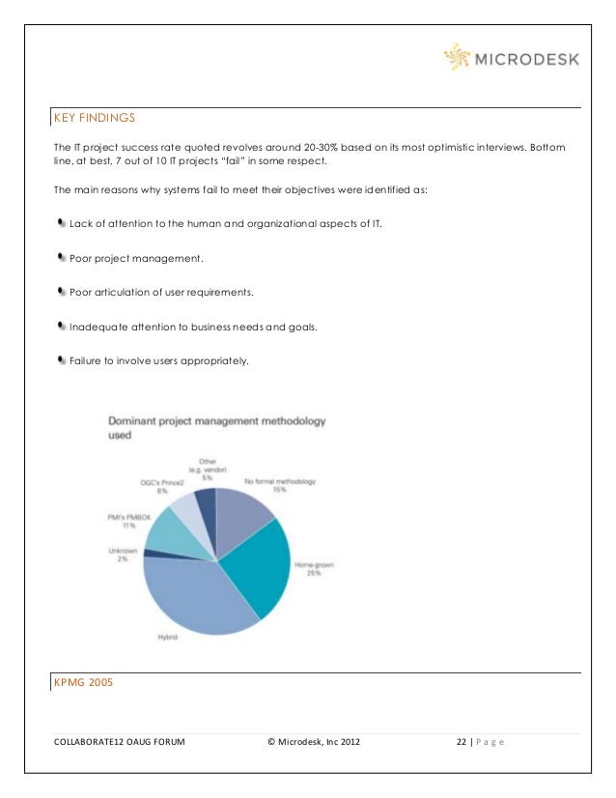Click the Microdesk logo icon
pyautogui.click(x=458, y=59)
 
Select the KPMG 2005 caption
pyautogui.click(x=84, y=682)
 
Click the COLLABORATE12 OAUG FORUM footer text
pyautogui.click(x=121, y=742)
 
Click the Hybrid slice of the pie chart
pyautogui.click(x=193, y=594)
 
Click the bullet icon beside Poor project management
pyautogui.click(x=62, y=258)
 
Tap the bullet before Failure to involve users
pyautogui.click(x=62, y=360)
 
